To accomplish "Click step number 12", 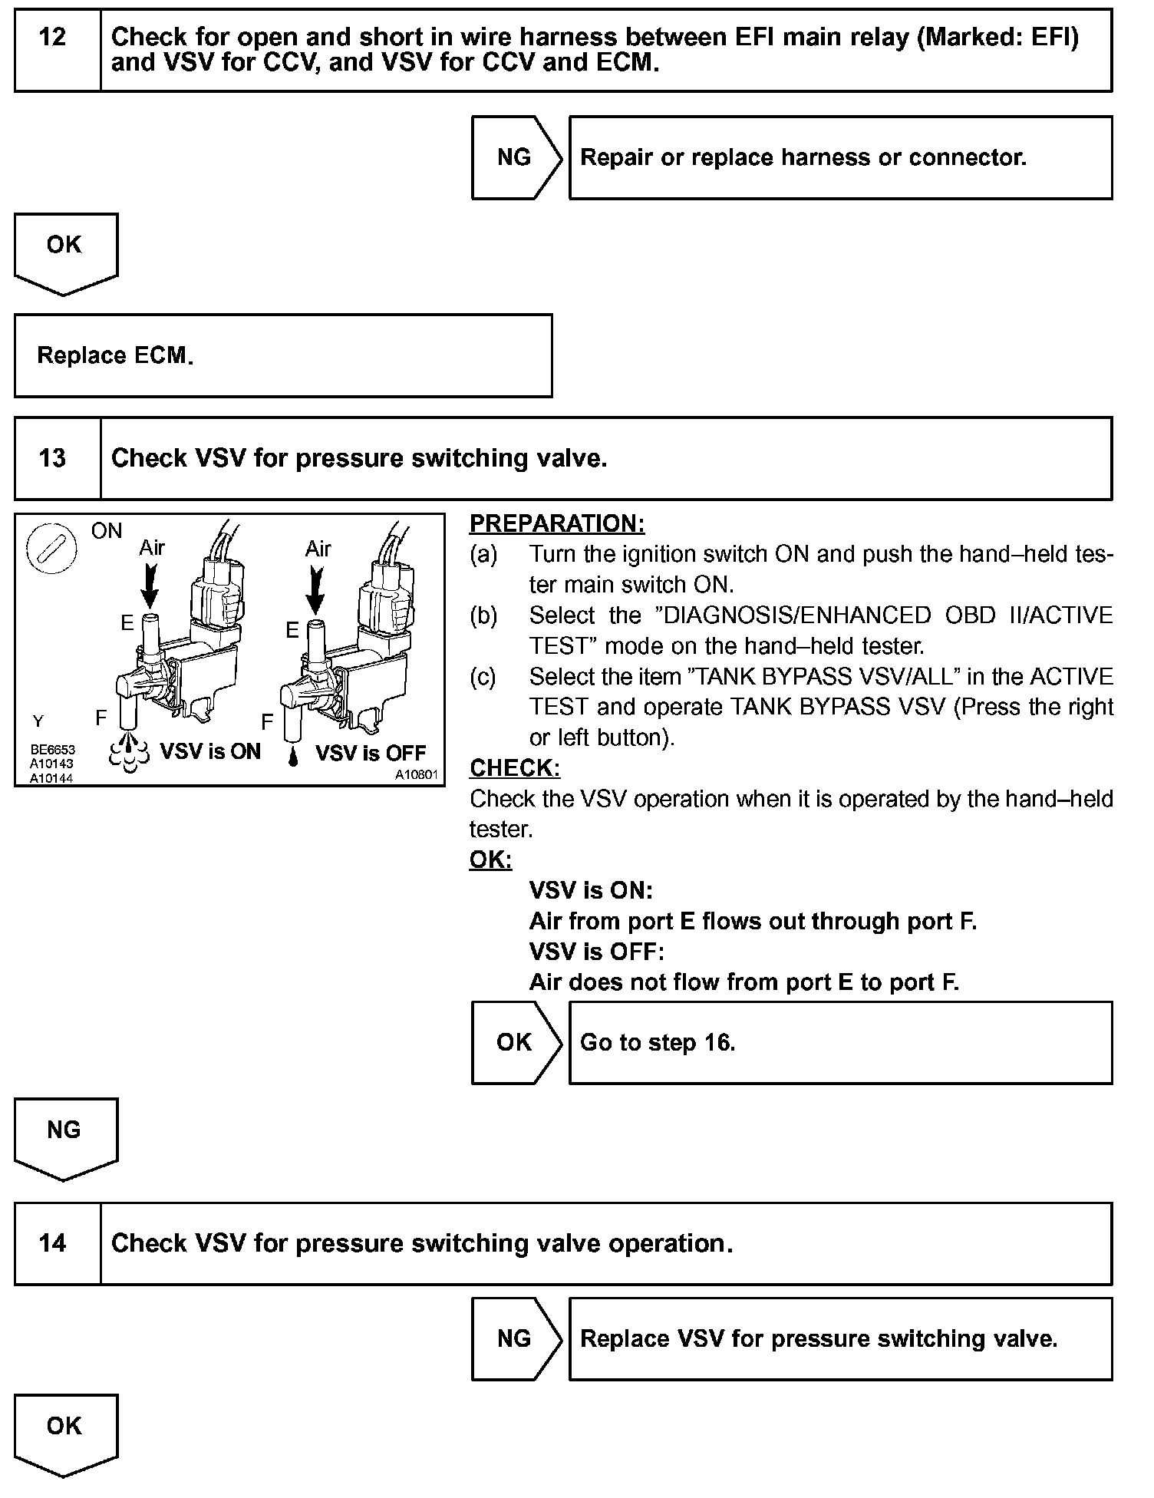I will [x=52, y=37].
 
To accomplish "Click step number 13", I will [x=52, y=458].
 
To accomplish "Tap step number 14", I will [x=52, y=1243].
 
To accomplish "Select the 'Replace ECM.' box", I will [x=282, y=355].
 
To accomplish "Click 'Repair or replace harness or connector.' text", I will [x=803, y=157].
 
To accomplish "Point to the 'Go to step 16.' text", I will [x=658, y=1042].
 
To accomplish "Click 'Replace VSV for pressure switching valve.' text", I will [x=819, y=1338].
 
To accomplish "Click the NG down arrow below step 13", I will [x=64, y=1136].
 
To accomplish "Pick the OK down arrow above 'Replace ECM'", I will [x=64, y=251].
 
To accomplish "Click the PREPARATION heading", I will [x=557, y=523].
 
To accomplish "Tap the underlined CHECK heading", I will [x=515, y=768].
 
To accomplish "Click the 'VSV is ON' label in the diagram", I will [x=210, y=751].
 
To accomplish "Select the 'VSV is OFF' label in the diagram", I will [x=371, y=753].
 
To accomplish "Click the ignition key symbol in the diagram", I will [x=51, y=549].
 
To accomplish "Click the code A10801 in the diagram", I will [x=416, y=775].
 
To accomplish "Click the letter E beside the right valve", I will [x=292, y=630].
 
